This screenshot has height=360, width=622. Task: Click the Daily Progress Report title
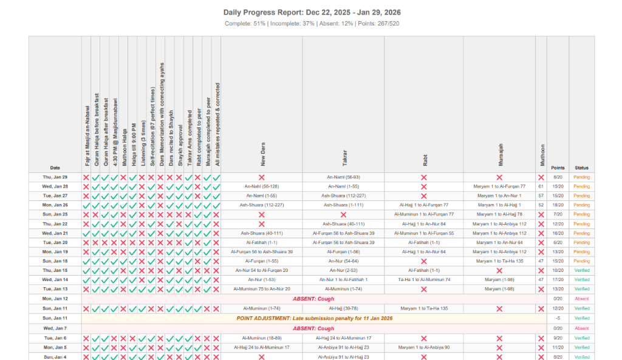[x=312, y=12]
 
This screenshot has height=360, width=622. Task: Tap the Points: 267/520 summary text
[x=380, y=24]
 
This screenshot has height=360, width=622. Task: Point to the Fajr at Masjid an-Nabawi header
[x=86, y=135]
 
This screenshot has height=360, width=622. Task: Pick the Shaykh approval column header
[x=179, y=145]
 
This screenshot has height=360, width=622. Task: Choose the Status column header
[x=581, y=168]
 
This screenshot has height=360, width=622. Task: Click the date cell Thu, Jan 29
[x=55, y=177]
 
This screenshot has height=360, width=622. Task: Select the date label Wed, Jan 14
[x=55, y=279]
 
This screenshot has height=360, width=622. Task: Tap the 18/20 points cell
[x=558, y=205]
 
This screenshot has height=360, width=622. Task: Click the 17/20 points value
[x=558, y=279]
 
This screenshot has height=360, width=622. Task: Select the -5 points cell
[x=558, y=318]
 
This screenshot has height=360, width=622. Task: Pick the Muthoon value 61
[x=541, y=186]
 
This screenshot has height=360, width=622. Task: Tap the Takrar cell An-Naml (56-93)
[x=344, y=177]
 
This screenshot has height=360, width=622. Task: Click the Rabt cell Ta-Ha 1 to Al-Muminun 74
[x=423, y=279]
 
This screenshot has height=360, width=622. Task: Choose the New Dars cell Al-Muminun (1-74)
[x=261, y=308]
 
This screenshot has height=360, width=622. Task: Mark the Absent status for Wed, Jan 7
[x=581, y=328]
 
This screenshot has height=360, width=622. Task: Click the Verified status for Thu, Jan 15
[x=581, y=270]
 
